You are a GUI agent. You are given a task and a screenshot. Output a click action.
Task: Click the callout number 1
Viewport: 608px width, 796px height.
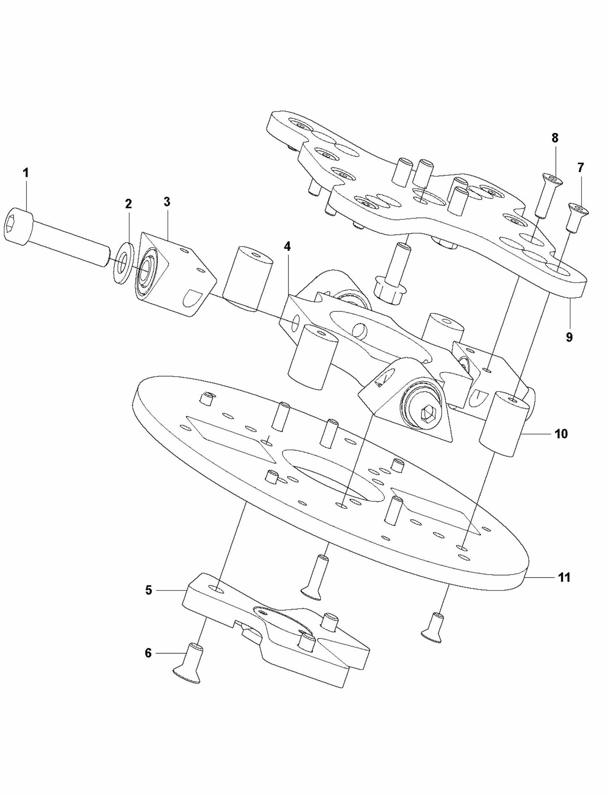26,173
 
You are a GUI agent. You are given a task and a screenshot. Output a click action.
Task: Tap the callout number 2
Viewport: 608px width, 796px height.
128,204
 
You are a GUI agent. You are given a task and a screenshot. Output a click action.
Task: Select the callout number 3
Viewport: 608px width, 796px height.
167,201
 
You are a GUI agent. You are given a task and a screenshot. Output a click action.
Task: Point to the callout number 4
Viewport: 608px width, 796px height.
287,246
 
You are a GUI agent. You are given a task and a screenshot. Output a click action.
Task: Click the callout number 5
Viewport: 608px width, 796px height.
149,590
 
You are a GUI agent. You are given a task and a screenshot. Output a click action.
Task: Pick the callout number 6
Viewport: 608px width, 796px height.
148,653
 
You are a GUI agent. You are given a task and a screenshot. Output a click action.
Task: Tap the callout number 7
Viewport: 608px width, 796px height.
581,168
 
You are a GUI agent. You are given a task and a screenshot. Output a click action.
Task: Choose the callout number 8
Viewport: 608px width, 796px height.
555,138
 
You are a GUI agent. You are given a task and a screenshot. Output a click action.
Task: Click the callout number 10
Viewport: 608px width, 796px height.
561,433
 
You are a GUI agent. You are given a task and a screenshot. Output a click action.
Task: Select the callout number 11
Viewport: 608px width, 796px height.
564,577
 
